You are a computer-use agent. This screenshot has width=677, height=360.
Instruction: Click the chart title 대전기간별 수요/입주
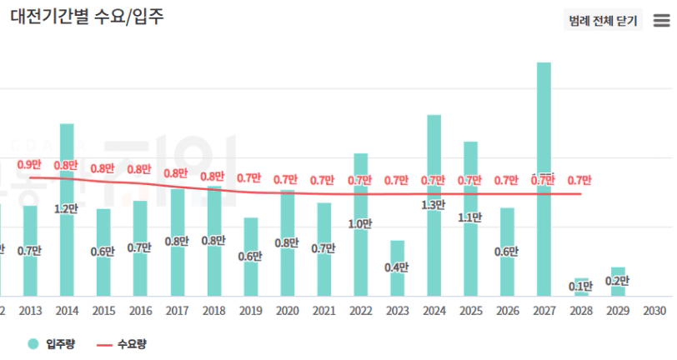87,17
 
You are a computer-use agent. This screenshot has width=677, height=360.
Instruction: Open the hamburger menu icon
660,21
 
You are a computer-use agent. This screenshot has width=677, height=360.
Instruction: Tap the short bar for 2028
580,287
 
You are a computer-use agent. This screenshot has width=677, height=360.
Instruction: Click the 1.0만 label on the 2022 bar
360,224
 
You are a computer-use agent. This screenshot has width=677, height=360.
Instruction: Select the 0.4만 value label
397,267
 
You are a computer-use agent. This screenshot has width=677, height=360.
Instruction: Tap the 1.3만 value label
434,205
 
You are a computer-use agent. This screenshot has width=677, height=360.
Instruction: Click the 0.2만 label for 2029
618,281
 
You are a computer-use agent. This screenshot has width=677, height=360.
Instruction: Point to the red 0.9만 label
30,165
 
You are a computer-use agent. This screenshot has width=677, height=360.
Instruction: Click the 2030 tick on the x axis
654,310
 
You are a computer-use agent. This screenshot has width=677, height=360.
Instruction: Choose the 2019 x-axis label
250,310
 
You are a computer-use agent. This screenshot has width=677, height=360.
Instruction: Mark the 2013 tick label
30,310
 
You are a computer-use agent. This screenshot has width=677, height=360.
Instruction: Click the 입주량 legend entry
52,343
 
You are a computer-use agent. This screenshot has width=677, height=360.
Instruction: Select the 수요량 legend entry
127,343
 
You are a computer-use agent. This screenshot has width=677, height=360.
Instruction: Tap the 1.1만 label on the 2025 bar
470,217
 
